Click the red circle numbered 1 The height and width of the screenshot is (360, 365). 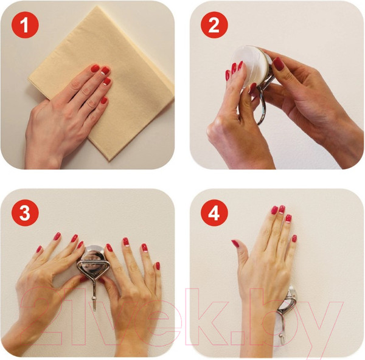pyautogui.click(x=25, y=25)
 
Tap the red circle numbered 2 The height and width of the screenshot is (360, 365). pyautogui.click(x=214, y=25)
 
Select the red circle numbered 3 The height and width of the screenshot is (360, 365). pyautogui.click(x=25, y=213)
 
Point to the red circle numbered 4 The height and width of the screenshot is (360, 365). pyautogui.click(x=214, y=213)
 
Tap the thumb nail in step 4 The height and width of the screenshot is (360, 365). pyautogui.click(x=235, y=244)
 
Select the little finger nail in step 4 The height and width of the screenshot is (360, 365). pyautogui.click(x=294, y=238)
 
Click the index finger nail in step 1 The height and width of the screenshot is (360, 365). pyautogui.click(x=95, y=69)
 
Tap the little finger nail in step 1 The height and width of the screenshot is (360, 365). pyautogui.click(x=104, y=100)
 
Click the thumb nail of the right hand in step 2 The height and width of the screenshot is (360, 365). pyautogui.click(x=279, y=64)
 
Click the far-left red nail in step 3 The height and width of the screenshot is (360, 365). pyautogui.click(x=39, y=249)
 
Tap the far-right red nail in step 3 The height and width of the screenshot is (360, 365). pyautogui.click(x=158, y=266)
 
